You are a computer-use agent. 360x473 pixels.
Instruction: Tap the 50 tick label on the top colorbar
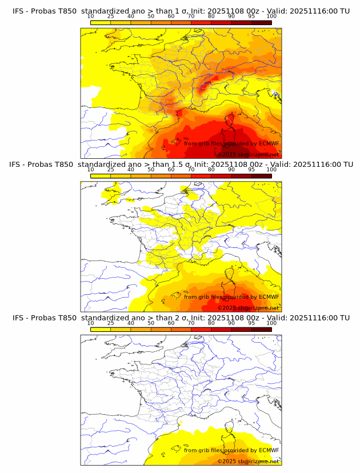point(151,17)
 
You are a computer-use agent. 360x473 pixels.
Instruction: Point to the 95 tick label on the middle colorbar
point(251,170)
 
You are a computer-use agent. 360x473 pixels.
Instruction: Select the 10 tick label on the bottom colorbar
point(90,323)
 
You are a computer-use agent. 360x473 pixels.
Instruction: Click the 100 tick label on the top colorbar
point(271,17)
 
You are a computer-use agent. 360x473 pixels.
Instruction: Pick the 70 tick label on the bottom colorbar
point(191,323)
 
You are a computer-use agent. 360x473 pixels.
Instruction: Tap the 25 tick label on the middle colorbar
point(110,170)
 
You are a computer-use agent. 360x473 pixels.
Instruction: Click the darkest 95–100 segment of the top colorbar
point(261,23)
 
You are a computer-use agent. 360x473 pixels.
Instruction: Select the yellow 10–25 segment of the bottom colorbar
point(100,329)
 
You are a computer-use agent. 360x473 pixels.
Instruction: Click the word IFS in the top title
point(18,11)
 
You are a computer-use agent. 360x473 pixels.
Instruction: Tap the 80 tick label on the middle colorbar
point(211,170)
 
